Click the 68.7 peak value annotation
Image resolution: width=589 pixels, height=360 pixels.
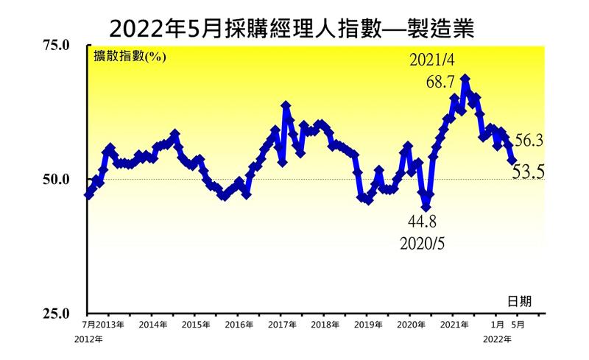pyautogui.click(x=440, y=82)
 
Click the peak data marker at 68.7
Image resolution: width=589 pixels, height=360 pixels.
pyautogui.click(x=465, y=78)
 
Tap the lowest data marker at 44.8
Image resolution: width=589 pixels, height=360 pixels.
pyautogui.click(x=426, y=207)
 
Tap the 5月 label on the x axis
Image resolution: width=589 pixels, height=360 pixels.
pyautogui.click(x=518, y=324)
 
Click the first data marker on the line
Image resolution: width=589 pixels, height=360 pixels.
pyautogui.click(x=88, y=194)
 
